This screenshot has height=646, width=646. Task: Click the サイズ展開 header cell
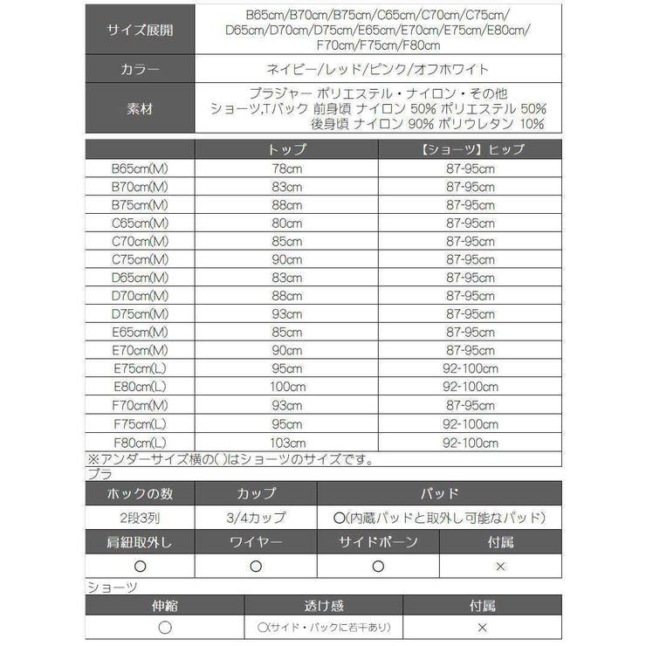pos(140,30)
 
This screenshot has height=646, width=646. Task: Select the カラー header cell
pos(140,69)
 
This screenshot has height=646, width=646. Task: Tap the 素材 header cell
pos(140,109)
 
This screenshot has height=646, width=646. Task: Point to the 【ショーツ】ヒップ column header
pos(469,149)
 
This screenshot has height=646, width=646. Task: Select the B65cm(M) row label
pos(140,168)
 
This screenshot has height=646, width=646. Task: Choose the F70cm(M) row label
pos(140,404)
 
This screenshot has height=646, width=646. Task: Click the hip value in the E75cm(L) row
pos(469,368)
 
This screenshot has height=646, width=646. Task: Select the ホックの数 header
pos(140,493)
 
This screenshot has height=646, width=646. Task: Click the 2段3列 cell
pos(140,518)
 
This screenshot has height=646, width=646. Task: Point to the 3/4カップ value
pos(255,518)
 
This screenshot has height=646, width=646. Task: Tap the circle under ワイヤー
pos(255,566)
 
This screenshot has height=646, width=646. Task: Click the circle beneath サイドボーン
pos(378,566)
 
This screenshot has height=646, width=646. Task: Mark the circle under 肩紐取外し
pos(140,566)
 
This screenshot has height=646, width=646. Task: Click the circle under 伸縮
pos(165,628)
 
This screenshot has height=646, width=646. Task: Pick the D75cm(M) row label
pos(140,313)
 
